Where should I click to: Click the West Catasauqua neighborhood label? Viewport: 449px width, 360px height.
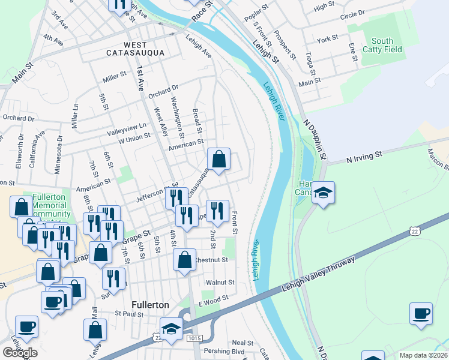[x=136, y=49]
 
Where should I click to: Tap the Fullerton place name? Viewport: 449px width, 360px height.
[x=150, y=305]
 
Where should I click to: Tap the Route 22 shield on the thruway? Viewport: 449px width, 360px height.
[x=415, y=231]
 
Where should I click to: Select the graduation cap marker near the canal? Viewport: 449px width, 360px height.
[x=323, y=193]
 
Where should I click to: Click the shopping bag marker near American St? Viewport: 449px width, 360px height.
[x=219, y=160]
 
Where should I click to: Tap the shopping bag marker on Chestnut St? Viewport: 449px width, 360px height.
[x=184, y=260]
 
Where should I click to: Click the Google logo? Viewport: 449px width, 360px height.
[x=20, y=353]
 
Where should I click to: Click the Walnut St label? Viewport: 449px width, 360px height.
[x=220, y=282]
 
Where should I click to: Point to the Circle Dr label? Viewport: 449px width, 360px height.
[x=352, y=14]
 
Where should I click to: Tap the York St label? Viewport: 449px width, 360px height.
[x=328, y=40]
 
